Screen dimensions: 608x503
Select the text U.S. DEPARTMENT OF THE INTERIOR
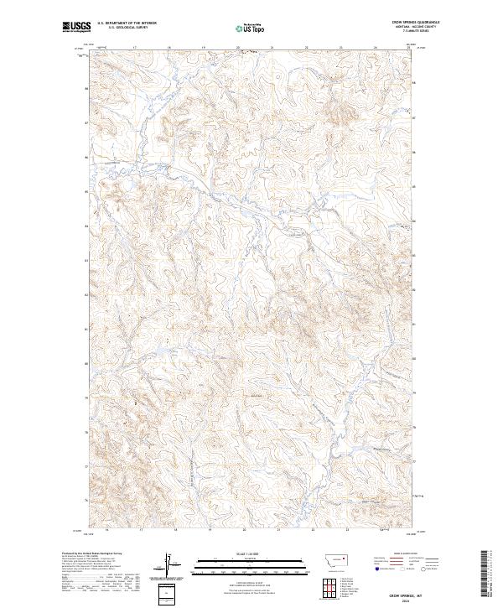click(x=127, y=23)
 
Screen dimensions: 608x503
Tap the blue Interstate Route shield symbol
click(x=375, y=570)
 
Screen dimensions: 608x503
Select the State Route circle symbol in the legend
click(x=427, y=570)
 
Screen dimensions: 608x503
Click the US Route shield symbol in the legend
click(x=399, y=570)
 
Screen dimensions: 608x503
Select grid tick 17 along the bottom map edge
click(x=140, y=530)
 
